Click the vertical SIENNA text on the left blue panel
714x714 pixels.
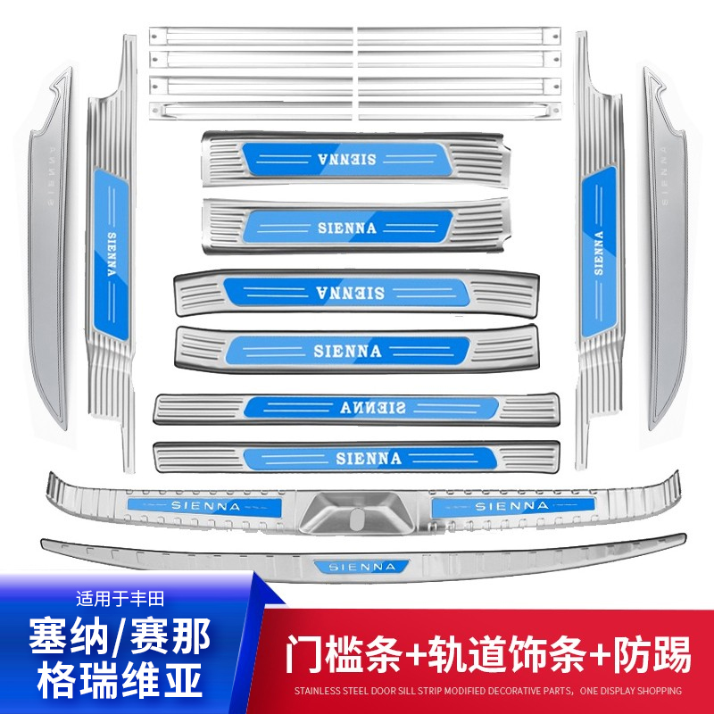point(112,259)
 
